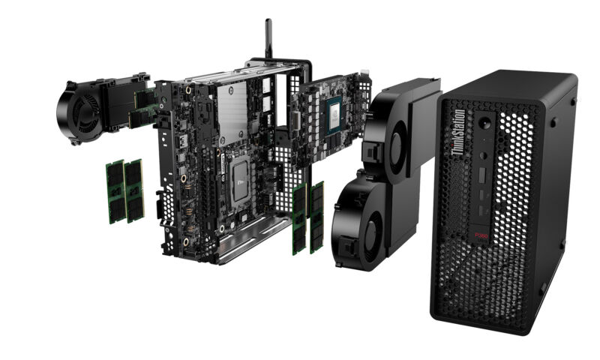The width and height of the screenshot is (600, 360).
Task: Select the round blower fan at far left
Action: click(x=76, y=112)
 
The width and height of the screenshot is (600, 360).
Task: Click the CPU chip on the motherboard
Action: click(x=240, y=184)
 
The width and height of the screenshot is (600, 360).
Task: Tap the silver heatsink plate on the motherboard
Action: click(x=232, y=112)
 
